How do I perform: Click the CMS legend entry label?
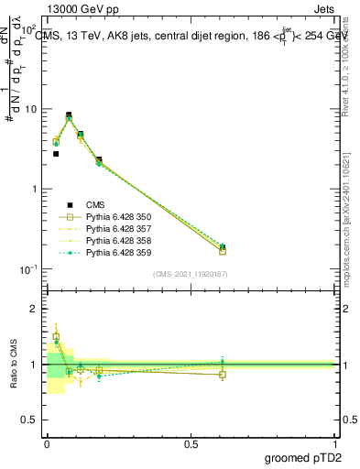96,205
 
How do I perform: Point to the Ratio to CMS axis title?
14,365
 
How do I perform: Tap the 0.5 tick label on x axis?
191,444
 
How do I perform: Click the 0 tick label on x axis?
46,444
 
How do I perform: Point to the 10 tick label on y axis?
30,109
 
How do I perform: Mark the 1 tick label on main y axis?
34,189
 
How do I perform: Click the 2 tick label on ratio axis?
34,310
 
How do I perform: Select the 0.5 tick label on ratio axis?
30,420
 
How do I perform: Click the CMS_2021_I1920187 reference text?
190,273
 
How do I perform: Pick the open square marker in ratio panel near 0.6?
223,374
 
